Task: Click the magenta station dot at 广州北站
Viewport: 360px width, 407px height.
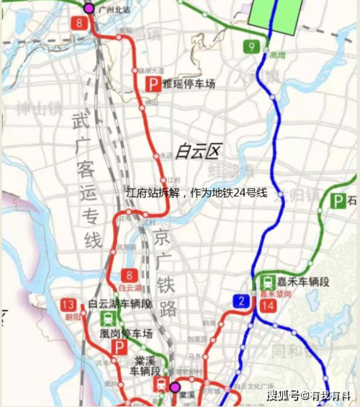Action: (x=89, y=8)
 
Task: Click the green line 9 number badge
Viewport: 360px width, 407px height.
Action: (x=251, y=48)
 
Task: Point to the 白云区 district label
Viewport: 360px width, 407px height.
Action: (x=197, y=152)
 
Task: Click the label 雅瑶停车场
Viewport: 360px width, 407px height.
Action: (x=189, y=84)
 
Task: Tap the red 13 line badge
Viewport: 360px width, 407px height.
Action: (x=69, y=303)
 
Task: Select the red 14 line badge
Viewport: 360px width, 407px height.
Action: (x=268, y=305)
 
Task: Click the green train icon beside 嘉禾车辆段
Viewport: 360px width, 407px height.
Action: (x=266, y=282)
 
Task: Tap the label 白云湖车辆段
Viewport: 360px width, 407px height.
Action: (x=120, y=304)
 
